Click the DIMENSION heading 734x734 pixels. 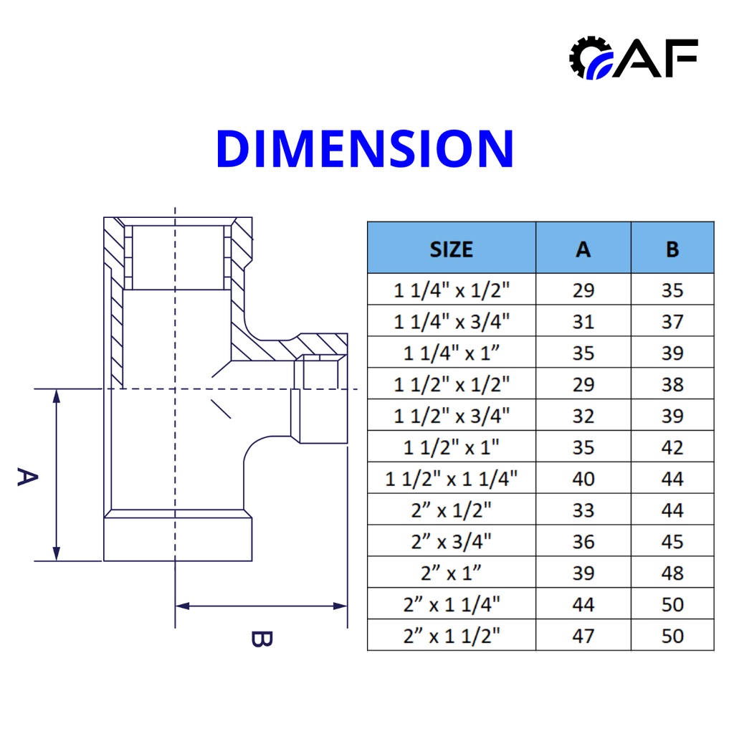[365, 148]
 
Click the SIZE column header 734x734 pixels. [452, 249]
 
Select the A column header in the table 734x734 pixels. [583, 249]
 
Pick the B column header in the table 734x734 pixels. [672, 249]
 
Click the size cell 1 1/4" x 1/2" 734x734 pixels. [452, 290]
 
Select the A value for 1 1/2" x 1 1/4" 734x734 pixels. [583, 479]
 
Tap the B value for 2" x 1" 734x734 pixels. [672, 573]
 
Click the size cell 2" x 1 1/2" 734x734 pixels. [452, 636]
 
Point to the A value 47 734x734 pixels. [583, 636]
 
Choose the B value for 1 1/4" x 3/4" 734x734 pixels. [672, 322]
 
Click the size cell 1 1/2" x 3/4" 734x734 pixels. [452, 416]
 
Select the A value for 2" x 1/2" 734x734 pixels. [583, 510]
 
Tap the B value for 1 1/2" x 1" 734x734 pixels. [672, 447]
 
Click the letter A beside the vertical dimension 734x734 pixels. [26, 477]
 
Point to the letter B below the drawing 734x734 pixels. [261, 638]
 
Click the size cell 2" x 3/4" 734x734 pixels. [452, 542]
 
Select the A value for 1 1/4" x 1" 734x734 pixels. [583, 353]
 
